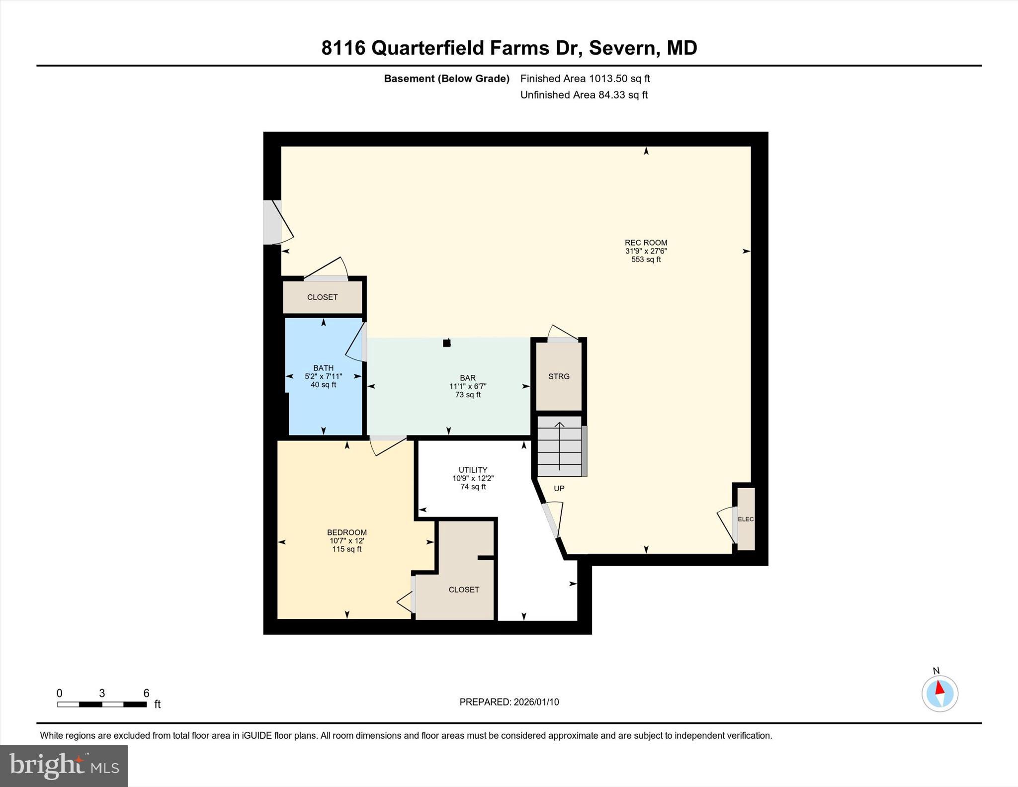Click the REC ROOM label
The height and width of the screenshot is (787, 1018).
(x=646, y=243)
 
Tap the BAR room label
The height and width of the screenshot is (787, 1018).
(x=467, y=378)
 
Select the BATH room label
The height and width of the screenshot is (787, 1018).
(x=323, y=368)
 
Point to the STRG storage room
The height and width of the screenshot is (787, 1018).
(x=559, y=376)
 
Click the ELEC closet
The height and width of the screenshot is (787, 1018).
(x=746, y=519)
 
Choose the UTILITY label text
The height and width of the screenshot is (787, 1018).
(x=473, y=470)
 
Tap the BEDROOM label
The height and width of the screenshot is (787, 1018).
(x=346, y=532)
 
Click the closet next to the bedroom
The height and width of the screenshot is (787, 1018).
(x=463, y=590)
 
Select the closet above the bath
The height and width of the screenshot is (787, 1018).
(x=322, y=297)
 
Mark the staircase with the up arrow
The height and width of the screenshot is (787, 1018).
(x=560, y=446)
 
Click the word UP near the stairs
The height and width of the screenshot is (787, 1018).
(x=559, y=489)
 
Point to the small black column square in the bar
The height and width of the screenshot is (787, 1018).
(x=446, y=343)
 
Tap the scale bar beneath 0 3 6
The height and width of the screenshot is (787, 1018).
(x=102, y=704)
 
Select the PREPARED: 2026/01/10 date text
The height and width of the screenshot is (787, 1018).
(x=509, y=702)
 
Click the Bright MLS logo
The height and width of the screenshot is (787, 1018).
(x=64, y=766)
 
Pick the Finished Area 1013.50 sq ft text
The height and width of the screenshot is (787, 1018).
(x=585, y=79)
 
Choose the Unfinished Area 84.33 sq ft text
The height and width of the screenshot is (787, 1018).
(x=584, y=95)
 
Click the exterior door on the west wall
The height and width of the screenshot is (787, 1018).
(x=272, y=222)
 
